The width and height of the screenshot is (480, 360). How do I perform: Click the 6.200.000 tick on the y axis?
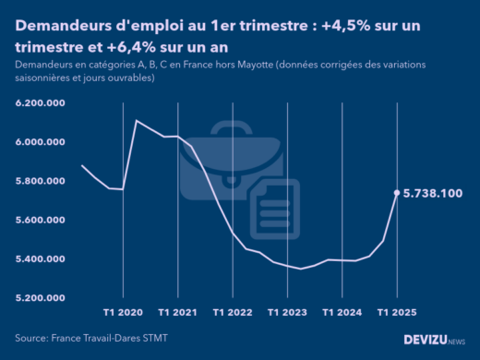click(x=39, y=103)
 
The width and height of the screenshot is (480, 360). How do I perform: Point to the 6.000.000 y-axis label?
click(x=39, y=142)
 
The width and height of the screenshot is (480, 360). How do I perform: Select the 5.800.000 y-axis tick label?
click(x=39, y=181)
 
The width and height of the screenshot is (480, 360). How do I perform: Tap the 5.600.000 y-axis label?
click(x=39, y=220)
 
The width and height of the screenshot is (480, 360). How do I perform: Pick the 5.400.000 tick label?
click(x=39, y=258)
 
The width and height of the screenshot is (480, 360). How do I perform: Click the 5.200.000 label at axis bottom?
click(x=39, y=297)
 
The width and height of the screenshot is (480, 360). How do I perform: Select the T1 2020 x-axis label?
click(x=123, y=312)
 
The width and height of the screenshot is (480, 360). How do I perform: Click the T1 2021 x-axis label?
click(x=177, y=312)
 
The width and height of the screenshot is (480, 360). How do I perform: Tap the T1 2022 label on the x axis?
click(x=233, y=312)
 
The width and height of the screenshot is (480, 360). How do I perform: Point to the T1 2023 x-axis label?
click(x=287, y=312)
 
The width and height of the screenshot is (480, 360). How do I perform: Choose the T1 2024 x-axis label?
click(x=342, y=312)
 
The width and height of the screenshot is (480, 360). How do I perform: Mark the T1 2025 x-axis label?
click(x=397, y=312)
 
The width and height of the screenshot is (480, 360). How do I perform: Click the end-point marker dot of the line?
click(x=397, y=193)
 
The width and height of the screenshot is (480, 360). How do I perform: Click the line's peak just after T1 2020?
click(x=137, y=120)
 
